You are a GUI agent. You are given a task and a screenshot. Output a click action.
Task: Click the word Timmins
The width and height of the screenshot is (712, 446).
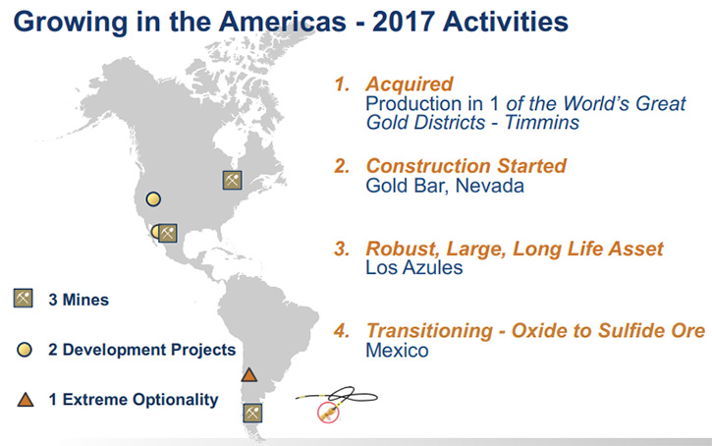click(x=542, y=123)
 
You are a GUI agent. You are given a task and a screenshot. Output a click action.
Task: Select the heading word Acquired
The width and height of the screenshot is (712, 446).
click(x=410, y=84)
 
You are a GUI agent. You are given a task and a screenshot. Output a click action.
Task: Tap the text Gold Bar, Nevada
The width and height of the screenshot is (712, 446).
click(x=445, y=186)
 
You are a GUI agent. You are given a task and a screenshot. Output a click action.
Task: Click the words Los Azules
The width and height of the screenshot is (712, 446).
click(x=414, y=267)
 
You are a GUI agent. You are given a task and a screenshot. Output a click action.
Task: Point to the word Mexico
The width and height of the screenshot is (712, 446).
click(x=398, y=351)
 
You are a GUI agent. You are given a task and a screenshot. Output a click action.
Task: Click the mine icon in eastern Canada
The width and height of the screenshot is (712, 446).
click(x=232, y=181)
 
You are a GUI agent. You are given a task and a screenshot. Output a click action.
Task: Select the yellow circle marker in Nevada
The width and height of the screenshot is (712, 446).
click(x=153, y=198)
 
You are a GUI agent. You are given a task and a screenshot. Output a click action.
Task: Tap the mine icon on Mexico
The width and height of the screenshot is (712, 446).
click(x=168, y=233)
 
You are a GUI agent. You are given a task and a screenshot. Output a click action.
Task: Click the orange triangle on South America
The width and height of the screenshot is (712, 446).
click(x=248, y=374)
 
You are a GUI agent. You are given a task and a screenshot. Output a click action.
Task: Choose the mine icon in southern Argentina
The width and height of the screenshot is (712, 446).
click(x=252, y=413)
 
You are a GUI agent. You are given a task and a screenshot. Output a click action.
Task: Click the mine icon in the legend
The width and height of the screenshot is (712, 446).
click(x=24, y=299)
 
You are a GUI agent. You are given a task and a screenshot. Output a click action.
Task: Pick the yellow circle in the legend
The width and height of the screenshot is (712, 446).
click(x=25, y=350)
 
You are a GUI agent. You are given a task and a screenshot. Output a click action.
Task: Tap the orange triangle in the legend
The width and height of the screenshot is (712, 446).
click(x=26, y=400)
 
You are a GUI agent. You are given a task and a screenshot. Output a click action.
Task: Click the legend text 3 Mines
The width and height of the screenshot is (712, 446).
click(x=79, y=300)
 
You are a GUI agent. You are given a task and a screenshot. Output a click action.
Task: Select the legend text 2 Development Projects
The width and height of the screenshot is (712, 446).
click(x=142, y=350)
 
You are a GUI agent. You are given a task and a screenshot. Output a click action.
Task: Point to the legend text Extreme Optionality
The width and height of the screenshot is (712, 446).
click(x=140, y=400)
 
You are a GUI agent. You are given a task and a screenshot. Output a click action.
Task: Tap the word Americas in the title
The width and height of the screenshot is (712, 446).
click(x=283, y=22)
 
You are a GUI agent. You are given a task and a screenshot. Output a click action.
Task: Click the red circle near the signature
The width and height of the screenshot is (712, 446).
click(x=328, y=413)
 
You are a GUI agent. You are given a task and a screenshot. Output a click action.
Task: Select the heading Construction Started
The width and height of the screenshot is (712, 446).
click(x=466, y=166)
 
